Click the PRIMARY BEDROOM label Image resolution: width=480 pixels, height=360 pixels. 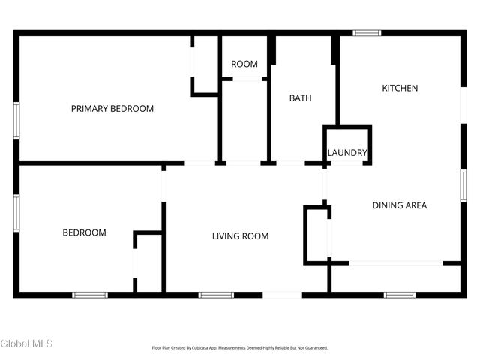(112, 109)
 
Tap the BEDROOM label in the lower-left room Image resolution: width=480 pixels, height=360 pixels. (84, 232)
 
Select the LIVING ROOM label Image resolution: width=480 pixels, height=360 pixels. (240, 236)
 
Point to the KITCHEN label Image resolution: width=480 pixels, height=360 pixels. (400, 88)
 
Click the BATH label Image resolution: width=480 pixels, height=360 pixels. (301, 98)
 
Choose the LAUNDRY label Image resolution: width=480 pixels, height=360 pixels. (347, 153)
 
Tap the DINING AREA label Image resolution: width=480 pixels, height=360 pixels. (400, 205)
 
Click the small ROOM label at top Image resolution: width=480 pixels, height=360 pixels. (244, 64)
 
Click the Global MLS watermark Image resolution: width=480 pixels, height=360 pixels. (26, 344)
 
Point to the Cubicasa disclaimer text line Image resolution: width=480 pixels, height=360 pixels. (240, 348)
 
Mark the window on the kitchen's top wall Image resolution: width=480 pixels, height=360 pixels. (367, 33)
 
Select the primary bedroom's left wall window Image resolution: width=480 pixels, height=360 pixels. (16, 121)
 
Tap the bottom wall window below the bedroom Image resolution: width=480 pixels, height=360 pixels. (90, 295)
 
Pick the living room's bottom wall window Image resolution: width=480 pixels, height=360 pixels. (216, 295)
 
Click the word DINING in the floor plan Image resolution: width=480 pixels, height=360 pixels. (388, 205)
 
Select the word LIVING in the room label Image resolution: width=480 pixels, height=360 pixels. (226, 236)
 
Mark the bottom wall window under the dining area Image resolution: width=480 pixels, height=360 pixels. (400, 295)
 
